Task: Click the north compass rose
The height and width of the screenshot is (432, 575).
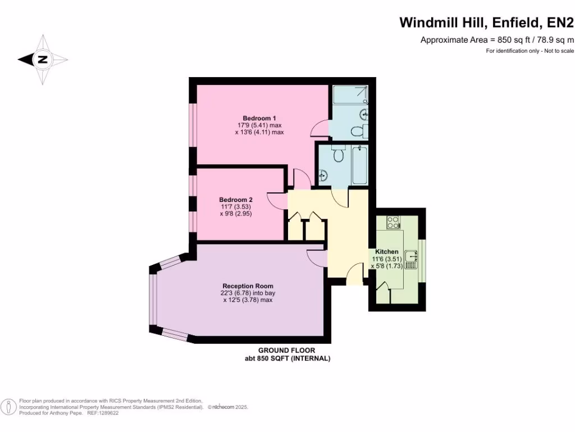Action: click(x=43, y=59)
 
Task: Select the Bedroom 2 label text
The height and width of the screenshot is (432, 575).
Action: click(x=236, y=200)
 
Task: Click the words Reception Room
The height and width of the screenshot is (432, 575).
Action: click(x=248, y=286)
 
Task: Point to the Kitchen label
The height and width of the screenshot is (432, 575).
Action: click(x=387, y=251)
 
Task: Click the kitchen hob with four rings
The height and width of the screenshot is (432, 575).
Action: click(x=393, y=223)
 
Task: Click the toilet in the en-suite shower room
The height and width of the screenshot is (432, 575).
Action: click(x=358, y=131)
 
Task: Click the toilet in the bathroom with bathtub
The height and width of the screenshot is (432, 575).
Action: click(x=338, y=154)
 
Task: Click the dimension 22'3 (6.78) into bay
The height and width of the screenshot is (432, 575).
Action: click(x=248, y=293)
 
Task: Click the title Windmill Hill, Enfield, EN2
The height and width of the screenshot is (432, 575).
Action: click(x=486, y=22)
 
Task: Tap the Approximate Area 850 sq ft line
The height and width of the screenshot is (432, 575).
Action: click(x=497, y=40)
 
